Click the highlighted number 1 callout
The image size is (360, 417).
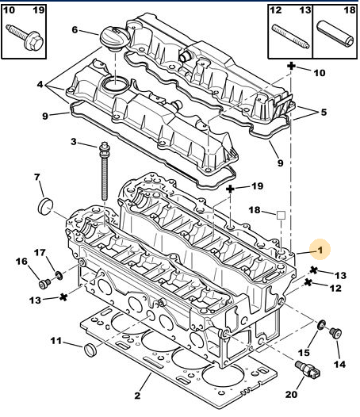click(320, 250)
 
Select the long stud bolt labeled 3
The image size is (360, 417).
click(105, 171)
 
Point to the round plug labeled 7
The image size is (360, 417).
click(44, 206)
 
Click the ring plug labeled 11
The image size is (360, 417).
click(90, 350)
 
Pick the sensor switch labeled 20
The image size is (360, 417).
click(308, 369)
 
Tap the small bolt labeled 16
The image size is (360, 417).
click(44, 284)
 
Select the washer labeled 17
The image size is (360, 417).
click(59, 276)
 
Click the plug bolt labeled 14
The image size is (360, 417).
click(335, 333)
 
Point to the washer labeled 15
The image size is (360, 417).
click(321, 325)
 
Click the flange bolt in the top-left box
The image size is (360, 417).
click(25, 37)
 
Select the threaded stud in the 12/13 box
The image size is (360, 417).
click(290, 36)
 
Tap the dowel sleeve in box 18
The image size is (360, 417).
click(335, 34)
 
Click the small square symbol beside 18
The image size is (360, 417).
click(281, 215)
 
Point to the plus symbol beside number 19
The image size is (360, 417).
click(230, 189)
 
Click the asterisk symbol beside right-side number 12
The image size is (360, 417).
click(308, 282)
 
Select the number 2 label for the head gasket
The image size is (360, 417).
click(137, 396)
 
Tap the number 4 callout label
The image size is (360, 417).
click(40, 85)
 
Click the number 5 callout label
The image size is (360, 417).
click(324, 113)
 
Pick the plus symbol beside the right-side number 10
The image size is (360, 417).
click(291, 66)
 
